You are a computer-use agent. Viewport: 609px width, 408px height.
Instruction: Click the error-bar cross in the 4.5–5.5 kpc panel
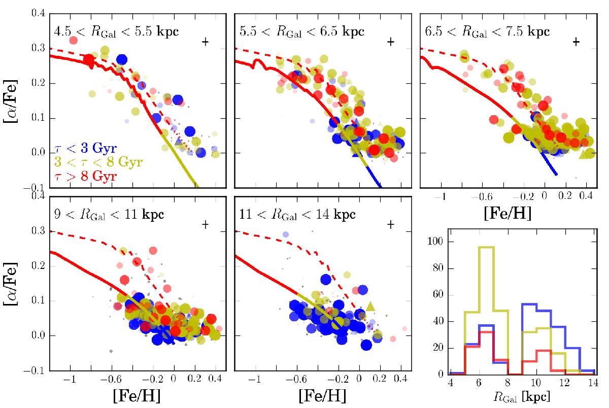coord(206,42)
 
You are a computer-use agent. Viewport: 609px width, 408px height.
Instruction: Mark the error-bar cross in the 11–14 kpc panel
coord(391,224)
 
